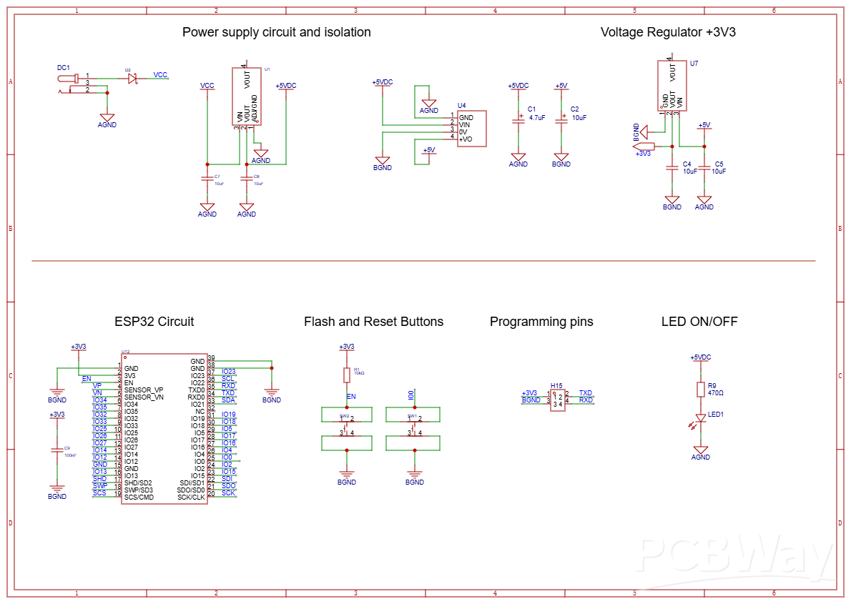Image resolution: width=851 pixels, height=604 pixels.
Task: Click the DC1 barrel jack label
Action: point(64,67)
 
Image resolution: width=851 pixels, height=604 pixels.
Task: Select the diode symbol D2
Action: point(132,79)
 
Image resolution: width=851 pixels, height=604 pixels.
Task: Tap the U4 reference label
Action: point(461,105)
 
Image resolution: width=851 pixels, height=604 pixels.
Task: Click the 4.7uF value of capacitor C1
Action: point(537,118)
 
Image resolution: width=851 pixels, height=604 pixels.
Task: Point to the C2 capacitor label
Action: point(574,109)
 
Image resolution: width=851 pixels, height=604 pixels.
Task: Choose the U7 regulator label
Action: point(694,64)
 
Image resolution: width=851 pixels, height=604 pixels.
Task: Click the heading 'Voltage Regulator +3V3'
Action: point(668,32)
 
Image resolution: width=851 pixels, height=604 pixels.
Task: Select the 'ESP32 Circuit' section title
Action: point(154,322)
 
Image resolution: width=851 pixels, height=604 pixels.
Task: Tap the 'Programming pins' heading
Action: point(541,322)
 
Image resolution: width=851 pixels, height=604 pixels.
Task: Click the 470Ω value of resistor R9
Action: point(715,393)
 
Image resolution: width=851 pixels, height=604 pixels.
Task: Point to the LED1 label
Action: point(716,415)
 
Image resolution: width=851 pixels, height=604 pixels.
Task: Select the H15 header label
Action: point(556,386)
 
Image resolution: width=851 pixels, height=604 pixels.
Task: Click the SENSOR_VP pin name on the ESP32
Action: point(144,390)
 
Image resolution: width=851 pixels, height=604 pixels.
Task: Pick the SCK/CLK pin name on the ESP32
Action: point(191,497)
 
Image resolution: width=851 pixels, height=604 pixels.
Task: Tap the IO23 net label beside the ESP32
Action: point(229,372)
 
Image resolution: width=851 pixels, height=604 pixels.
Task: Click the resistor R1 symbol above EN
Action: point(347,375)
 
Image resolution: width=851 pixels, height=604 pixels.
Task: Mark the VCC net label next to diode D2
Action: point(161,75)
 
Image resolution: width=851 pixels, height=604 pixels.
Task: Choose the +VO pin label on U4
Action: point(466,139)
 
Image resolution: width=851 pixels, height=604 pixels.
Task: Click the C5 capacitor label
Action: point(719,164)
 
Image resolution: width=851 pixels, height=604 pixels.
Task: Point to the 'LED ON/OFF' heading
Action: point(699,322)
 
